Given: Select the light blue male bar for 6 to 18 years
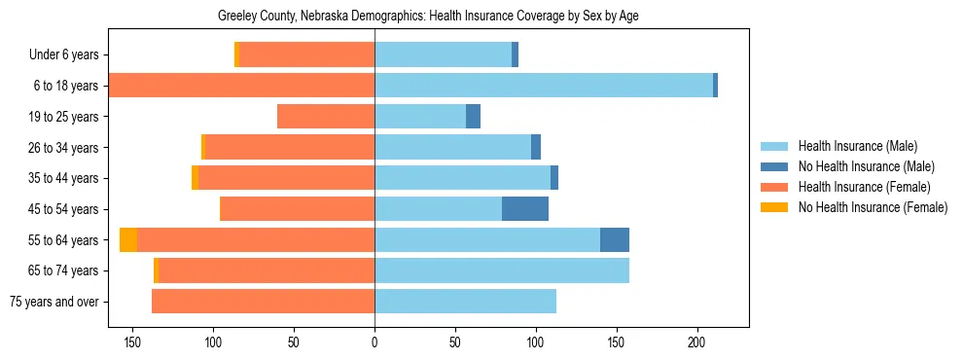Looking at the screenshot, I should [544, 86].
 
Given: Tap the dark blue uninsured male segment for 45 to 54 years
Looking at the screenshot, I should [525, 208].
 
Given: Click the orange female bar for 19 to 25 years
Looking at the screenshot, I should [326, 117].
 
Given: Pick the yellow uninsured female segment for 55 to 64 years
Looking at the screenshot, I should [128, 239].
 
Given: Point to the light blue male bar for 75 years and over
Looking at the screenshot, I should [465, 302].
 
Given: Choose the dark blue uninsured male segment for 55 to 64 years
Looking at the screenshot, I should [615, 239].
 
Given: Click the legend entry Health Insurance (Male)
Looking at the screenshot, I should [857, 147].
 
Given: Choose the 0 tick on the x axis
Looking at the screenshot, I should [374, 342].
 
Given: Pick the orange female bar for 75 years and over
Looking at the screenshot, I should [263, 302].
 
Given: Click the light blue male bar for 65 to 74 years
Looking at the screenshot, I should [502, 270].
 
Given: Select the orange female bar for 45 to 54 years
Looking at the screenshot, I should [297, 208].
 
